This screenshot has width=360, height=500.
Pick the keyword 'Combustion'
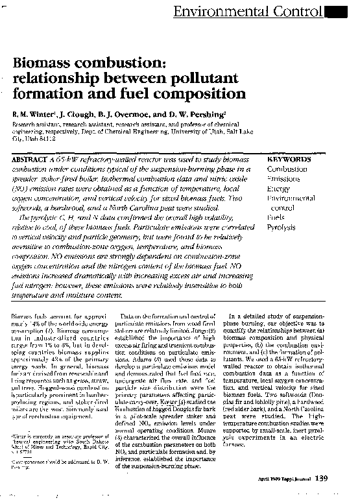click(x=287, y=169)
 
